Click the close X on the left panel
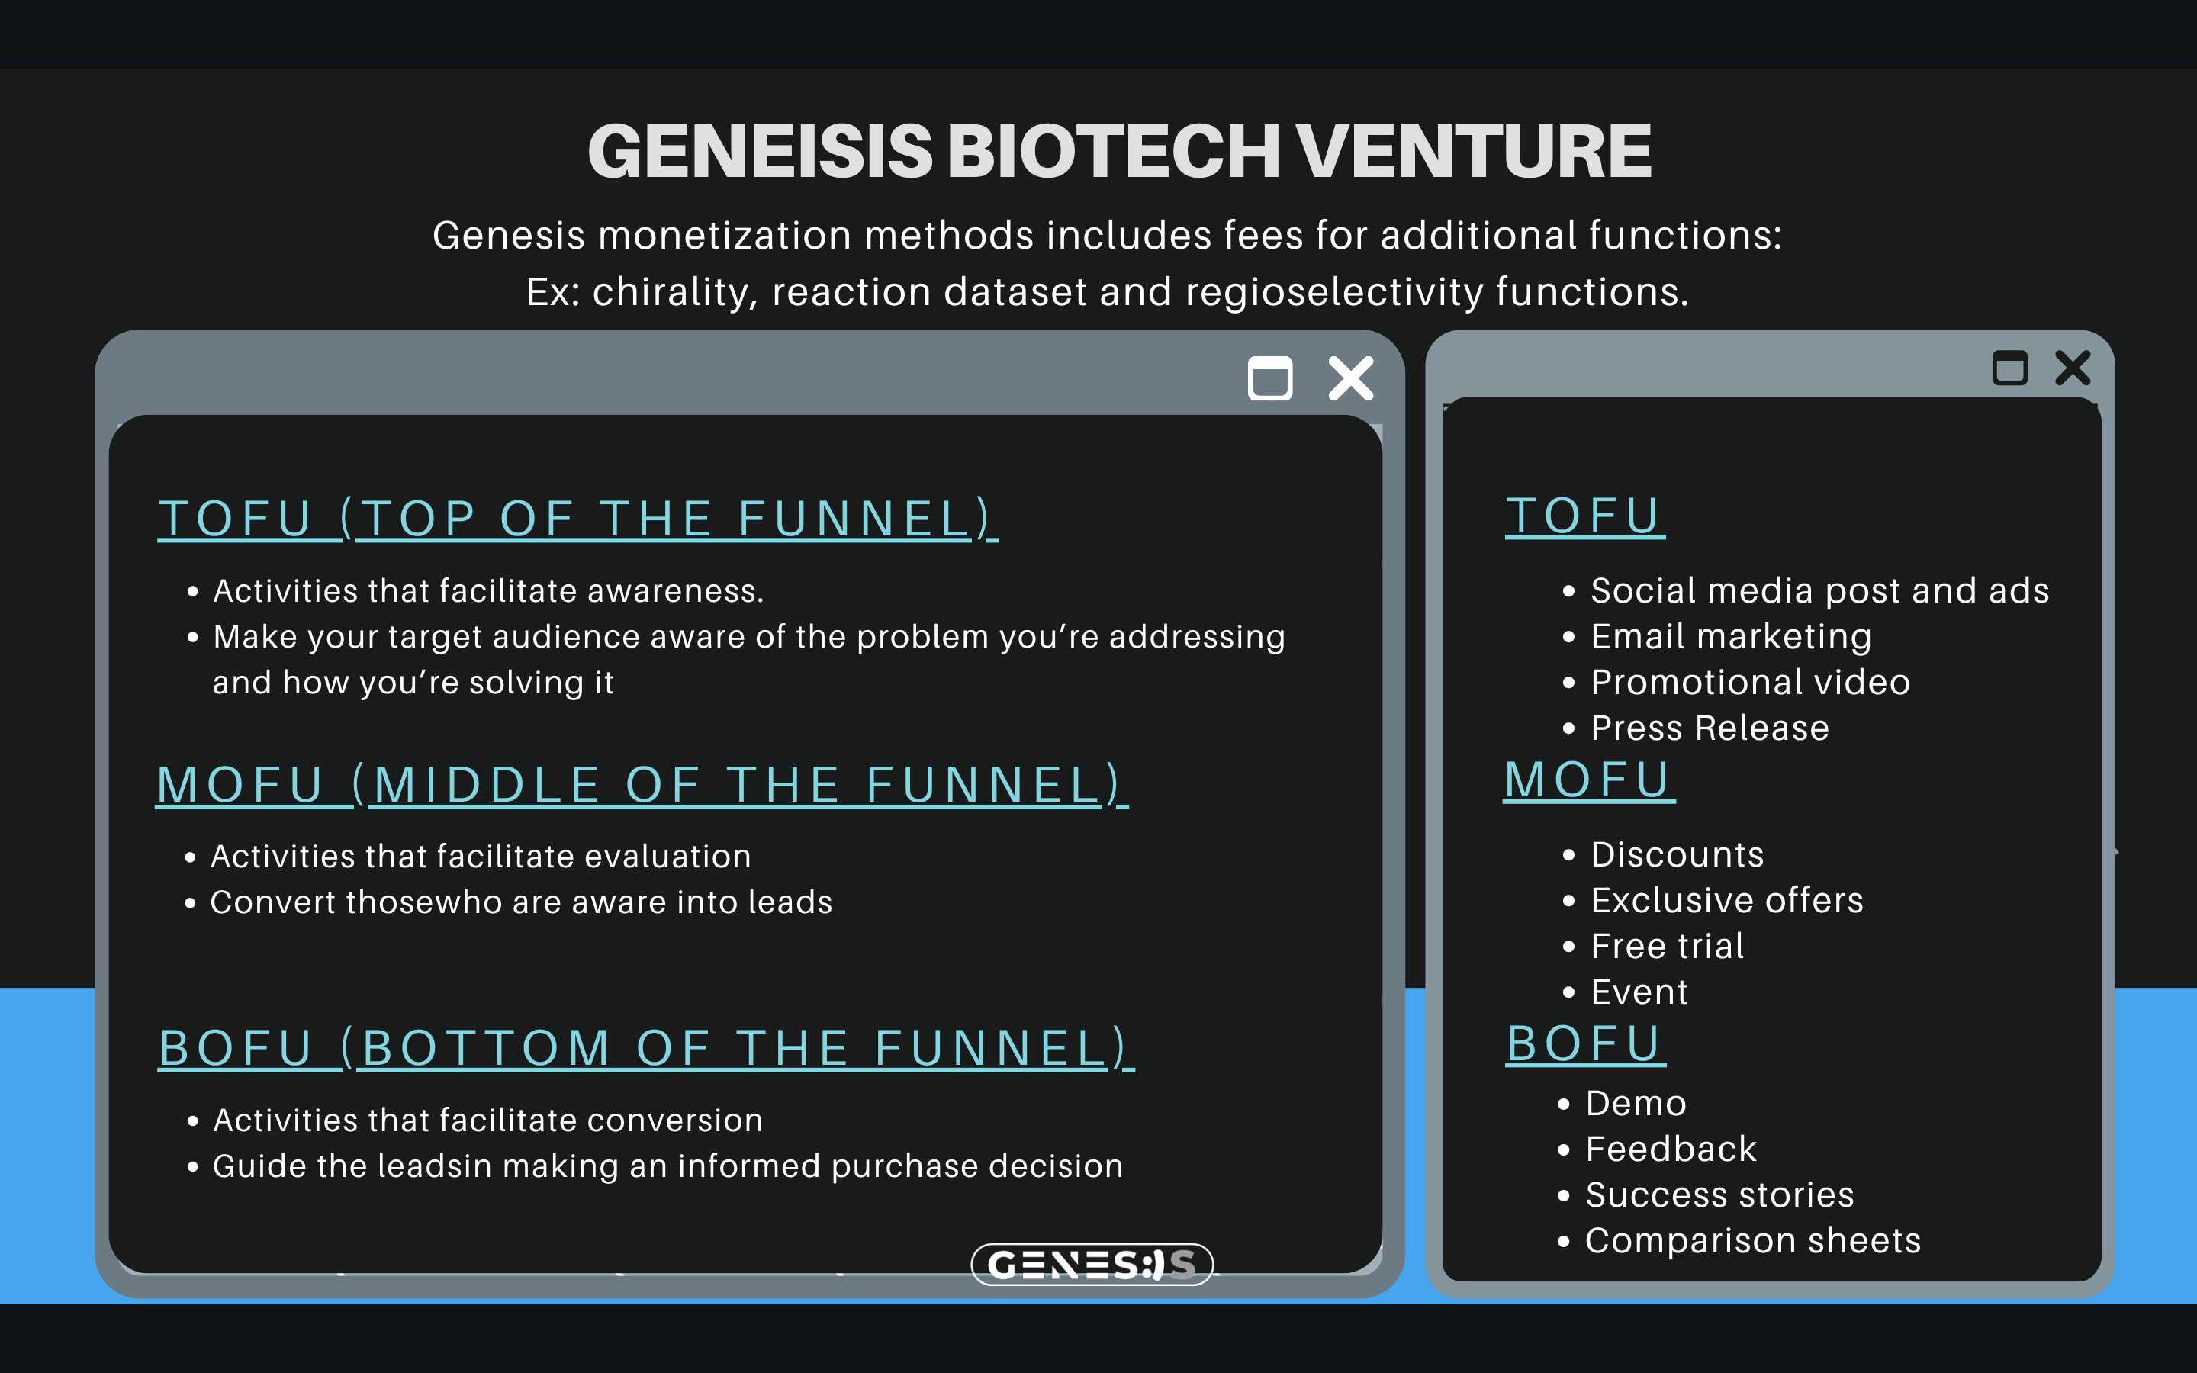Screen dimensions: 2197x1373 [x=1351, y=378]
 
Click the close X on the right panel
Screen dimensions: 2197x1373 [x=2073, y=368]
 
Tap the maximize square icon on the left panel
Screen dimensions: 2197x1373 [x=1270, y=378]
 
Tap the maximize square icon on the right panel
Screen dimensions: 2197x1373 [x=2009, y=368]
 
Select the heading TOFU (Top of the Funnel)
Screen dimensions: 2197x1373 [x=577, y=519]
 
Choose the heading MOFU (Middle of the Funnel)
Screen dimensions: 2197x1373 [x=641, y=785]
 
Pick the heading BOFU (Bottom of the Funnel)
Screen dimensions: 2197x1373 [x=645, y=1048]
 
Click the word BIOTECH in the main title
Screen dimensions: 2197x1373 [x=1113, y=151]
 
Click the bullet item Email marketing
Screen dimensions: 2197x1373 [x=1730, y=637]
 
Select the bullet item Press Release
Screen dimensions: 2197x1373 [x=1710, y=728]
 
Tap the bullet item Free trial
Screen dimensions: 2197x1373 [x=1667, y=946]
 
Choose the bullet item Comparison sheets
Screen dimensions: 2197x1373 [x=1752, y=1240]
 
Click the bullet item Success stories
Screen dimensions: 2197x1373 [x=1719, y=1195]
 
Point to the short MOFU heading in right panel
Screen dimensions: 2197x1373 [x=1587, y=780]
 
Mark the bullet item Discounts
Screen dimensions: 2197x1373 [x=1677, y=854]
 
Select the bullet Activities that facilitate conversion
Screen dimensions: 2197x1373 [x=487, y=1121]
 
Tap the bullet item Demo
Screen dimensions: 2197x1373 [x=1635, y=1103]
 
